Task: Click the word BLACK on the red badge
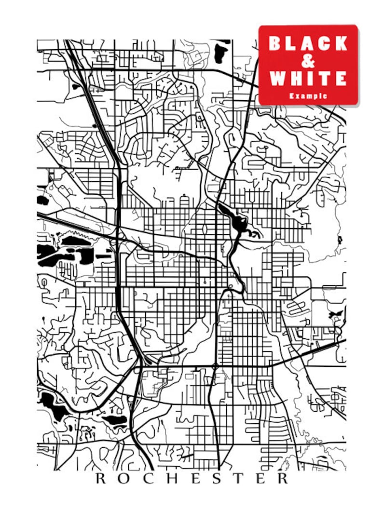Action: coord(308,43)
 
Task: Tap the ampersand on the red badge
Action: coord(308,61)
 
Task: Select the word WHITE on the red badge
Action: coord(308,78)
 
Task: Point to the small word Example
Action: coord(308,96)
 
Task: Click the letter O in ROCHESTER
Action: coord(124,479)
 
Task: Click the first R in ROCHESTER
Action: coord(100,479)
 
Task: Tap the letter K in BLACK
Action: coord(340,43)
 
